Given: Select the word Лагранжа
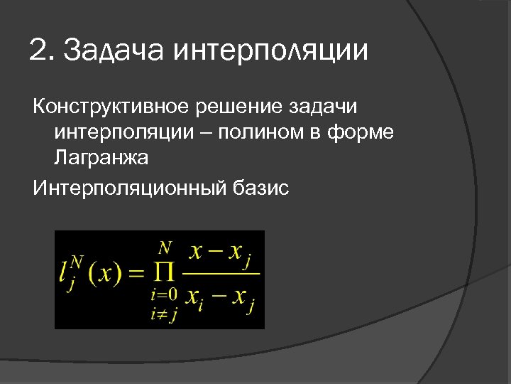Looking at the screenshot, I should coord(100,158).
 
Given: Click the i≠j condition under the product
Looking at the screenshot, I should coord(164,313).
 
